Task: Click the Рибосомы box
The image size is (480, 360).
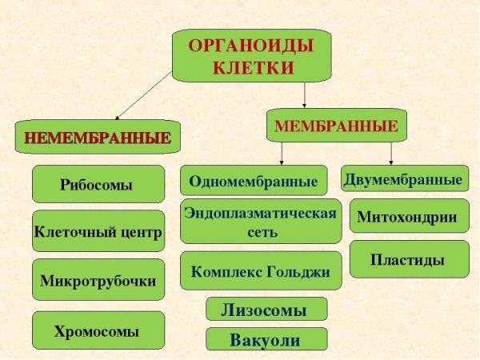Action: click(98, 185)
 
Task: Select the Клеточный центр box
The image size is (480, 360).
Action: click(98, 234)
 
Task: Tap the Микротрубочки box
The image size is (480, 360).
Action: click(98, 281)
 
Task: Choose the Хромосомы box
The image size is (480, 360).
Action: click(98, 330)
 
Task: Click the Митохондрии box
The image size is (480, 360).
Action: click(408, 216)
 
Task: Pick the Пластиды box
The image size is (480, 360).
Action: click(408, 259)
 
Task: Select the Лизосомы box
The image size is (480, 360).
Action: click(266, 309)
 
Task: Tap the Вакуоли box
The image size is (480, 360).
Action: click(266, 339)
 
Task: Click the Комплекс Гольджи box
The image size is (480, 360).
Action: click(261, 271)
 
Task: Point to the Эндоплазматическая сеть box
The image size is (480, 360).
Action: click(261, 222)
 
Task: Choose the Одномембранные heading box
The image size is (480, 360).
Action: click(254, 181)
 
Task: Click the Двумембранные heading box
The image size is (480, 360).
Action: click(404, 179)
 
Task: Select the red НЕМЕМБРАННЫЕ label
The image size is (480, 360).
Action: click(97, 137)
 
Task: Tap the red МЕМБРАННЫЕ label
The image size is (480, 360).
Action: click(336, 126)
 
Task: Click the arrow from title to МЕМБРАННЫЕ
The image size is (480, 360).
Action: click(305, 94)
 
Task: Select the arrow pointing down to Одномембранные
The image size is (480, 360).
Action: click(281, 154)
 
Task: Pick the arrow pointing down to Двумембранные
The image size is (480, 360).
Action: click(390, 153)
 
